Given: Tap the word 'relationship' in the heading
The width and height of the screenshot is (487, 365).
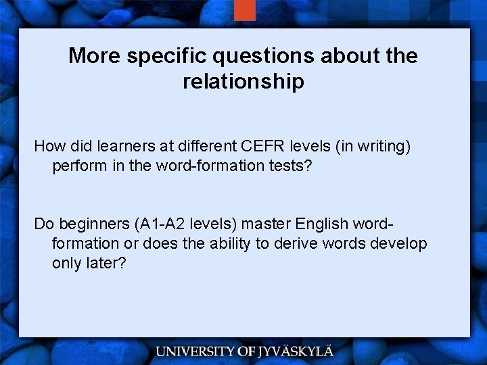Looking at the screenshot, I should (x=243, y=82).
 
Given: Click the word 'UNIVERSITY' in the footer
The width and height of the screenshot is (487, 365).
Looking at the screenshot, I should (x=195, y=351).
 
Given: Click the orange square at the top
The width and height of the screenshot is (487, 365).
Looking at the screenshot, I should (x=244, y=9).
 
